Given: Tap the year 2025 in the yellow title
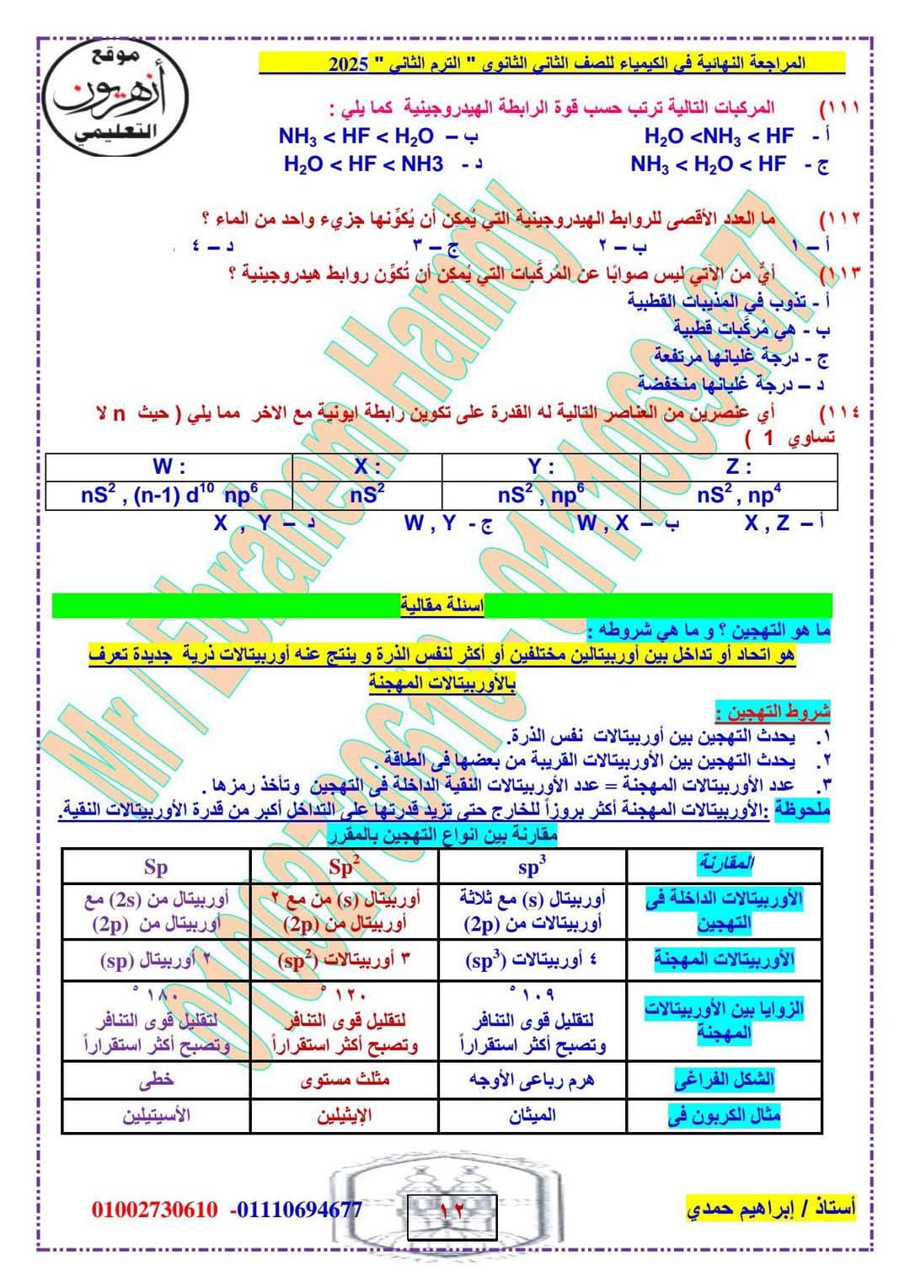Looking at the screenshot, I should [x=349, y=64].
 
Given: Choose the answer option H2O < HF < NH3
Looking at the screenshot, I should [x=364, y=164].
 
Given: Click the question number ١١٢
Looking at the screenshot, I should [x=840, y=218].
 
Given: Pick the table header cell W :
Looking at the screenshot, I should [x=169, y=466].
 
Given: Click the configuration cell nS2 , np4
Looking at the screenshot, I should [x=739, y=495].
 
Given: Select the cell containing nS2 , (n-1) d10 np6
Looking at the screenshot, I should [x=169, y=495].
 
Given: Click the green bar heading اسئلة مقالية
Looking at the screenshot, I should [x=442, y=605].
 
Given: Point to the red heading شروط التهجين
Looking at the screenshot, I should [x=773, y=711].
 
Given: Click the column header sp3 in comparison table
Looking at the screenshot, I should [x=533, y=867].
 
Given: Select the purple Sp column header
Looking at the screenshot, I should [x=156, y=867].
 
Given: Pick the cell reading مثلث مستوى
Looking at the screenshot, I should [x=345, y=1079].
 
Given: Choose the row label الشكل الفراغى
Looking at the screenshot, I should [x=724, y=1079].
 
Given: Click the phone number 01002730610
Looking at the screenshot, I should [x=154, y=1210].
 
